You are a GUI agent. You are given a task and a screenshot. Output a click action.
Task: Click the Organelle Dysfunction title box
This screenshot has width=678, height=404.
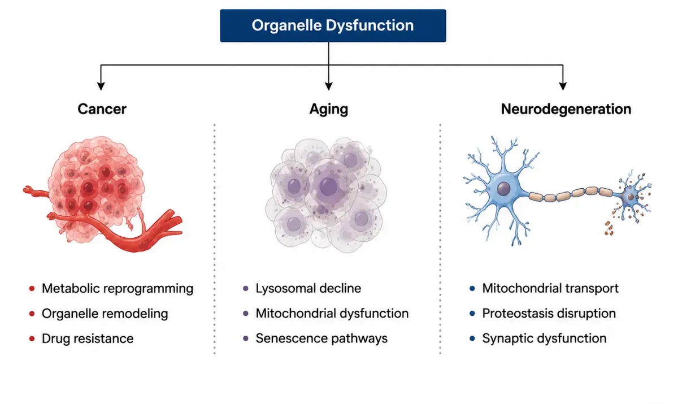point(333,25)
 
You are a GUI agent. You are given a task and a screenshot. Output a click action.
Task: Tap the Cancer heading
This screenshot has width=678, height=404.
point(102,109)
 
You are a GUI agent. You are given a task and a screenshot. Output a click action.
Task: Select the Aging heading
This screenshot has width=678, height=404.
point(329,109)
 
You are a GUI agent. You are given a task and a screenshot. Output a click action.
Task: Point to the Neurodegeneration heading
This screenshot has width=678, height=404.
point(566,109)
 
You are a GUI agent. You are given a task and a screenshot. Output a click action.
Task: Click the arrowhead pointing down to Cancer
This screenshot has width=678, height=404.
point(101,86)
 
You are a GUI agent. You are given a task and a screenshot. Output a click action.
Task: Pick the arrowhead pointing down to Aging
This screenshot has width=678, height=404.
point(329,86)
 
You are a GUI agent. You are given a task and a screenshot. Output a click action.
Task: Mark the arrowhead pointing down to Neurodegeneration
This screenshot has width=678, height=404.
point(563,86)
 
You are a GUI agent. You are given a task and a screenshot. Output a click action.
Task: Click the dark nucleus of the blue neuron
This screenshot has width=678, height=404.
point(503,189)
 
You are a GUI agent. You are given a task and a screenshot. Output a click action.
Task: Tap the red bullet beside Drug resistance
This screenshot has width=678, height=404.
point(32,338)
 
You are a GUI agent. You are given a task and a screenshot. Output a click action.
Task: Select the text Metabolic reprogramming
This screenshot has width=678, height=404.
point(118,288)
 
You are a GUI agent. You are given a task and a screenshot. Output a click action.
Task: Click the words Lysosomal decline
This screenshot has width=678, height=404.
point(308,288)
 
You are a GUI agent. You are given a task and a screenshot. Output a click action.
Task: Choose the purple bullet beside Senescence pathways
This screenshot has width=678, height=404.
point(246,338)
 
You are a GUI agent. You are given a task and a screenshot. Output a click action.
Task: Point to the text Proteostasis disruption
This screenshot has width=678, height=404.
point(549,314)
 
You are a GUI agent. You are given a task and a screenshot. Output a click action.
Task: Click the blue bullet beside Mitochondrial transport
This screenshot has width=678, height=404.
point(472,288)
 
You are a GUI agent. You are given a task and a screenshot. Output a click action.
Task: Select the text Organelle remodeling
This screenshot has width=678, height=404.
point(105,314)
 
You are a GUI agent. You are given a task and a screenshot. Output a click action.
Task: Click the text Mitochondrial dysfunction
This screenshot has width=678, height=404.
point(332,314)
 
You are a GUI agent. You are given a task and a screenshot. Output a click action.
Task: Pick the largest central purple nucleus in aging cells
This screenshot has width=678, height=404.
point(329,186)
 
